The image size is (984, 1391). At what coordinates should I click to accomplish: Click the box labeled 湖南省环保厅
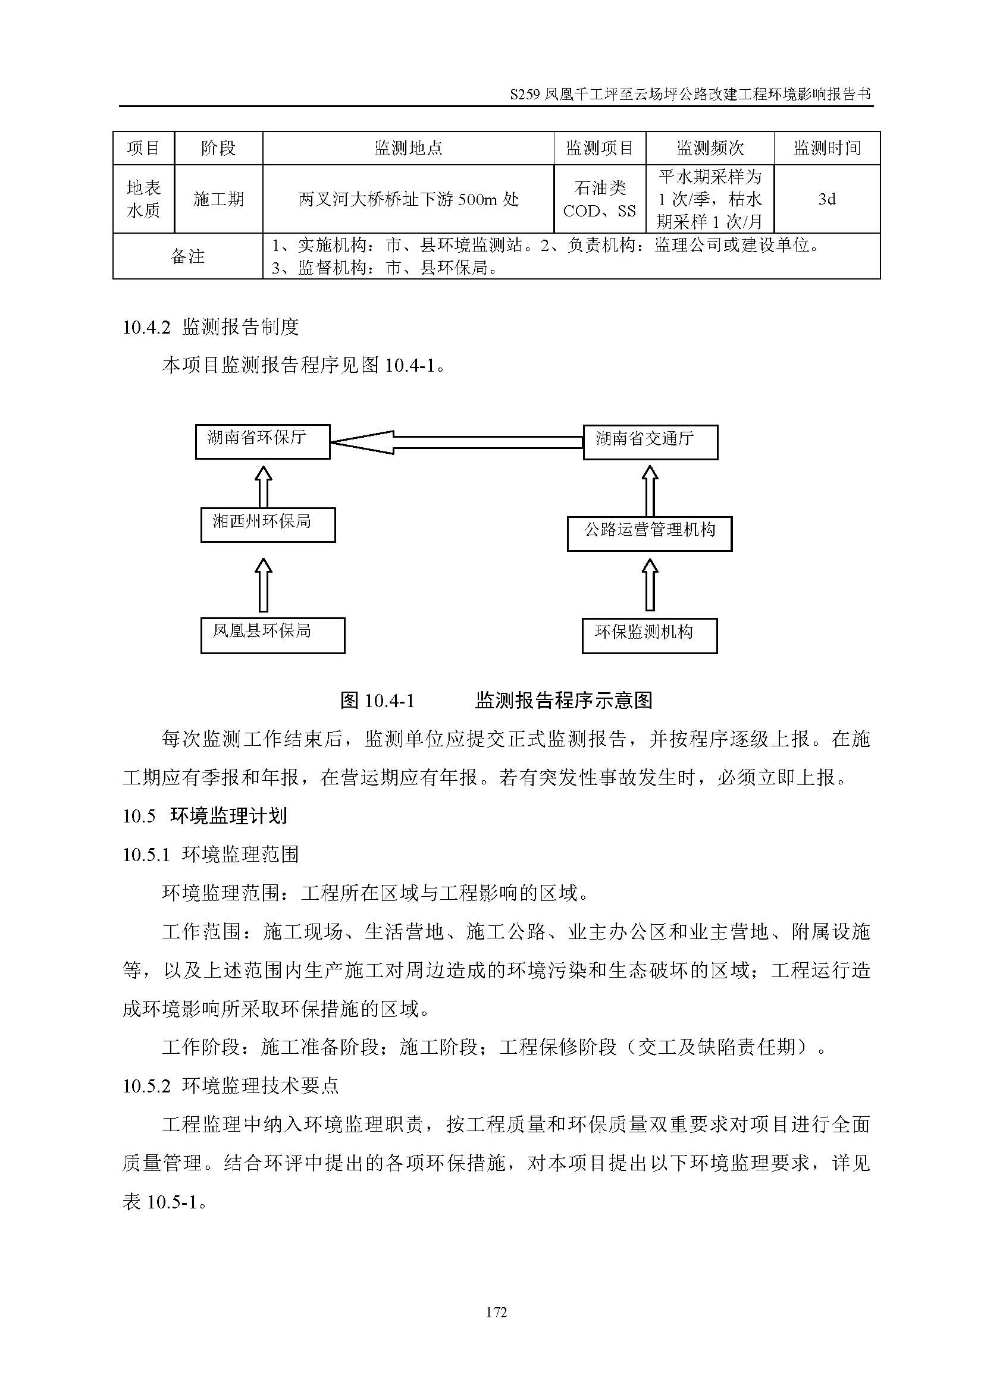(x=262, y=441)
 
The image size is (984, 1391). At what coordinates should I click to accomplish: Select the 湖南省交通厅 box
(x=650, y=442)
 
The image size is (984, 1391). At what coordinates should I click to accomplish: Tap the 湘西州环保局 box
(x=268, y=525)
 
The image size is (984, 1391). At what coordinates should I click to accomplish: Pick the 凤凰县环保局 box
(x=272, y=635)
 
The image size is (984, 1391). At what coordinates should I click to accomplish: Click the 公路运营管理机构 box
(x=650, y=533)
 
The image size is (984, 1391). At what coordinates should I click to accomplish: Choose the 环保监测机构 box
(x=650, y=636)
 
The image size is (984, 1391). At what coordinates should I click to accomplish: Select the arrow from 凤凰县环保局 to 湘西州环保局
(x=263, y=585)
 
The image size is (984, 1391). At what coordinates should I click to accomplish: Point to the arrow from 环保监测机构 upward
(x=650, y=585)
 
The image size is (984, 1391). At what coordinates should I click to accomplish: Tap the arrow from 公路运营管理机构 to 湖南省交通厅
(x=650, y=491)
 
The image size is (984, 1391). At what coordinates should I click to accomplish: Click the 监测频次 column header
(x=710, y=148)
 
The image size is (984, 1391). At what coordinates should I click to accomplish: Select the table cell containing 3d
(x=826, y=199)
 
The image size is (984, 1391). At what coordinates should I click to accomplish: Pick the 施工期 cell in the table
(x=218, y=199)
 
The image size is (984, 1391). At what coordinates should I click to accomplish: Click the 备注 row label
(x=188, y=256)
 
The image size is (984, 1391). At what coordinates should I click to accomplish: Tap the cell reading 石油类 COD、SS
(x=599, y=199)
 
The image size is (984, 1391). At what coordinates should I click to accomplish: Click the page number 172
(x=496, y=1312)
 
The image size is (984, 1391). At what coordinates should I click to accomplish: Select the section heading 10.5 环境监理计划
(x=205, y=816)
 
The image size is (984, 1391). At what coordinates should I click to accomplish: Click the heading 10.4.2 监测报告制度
(x=211, y=327)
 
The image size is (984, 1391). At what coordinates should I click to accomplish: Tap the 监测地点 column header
(x=408, y=148)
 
